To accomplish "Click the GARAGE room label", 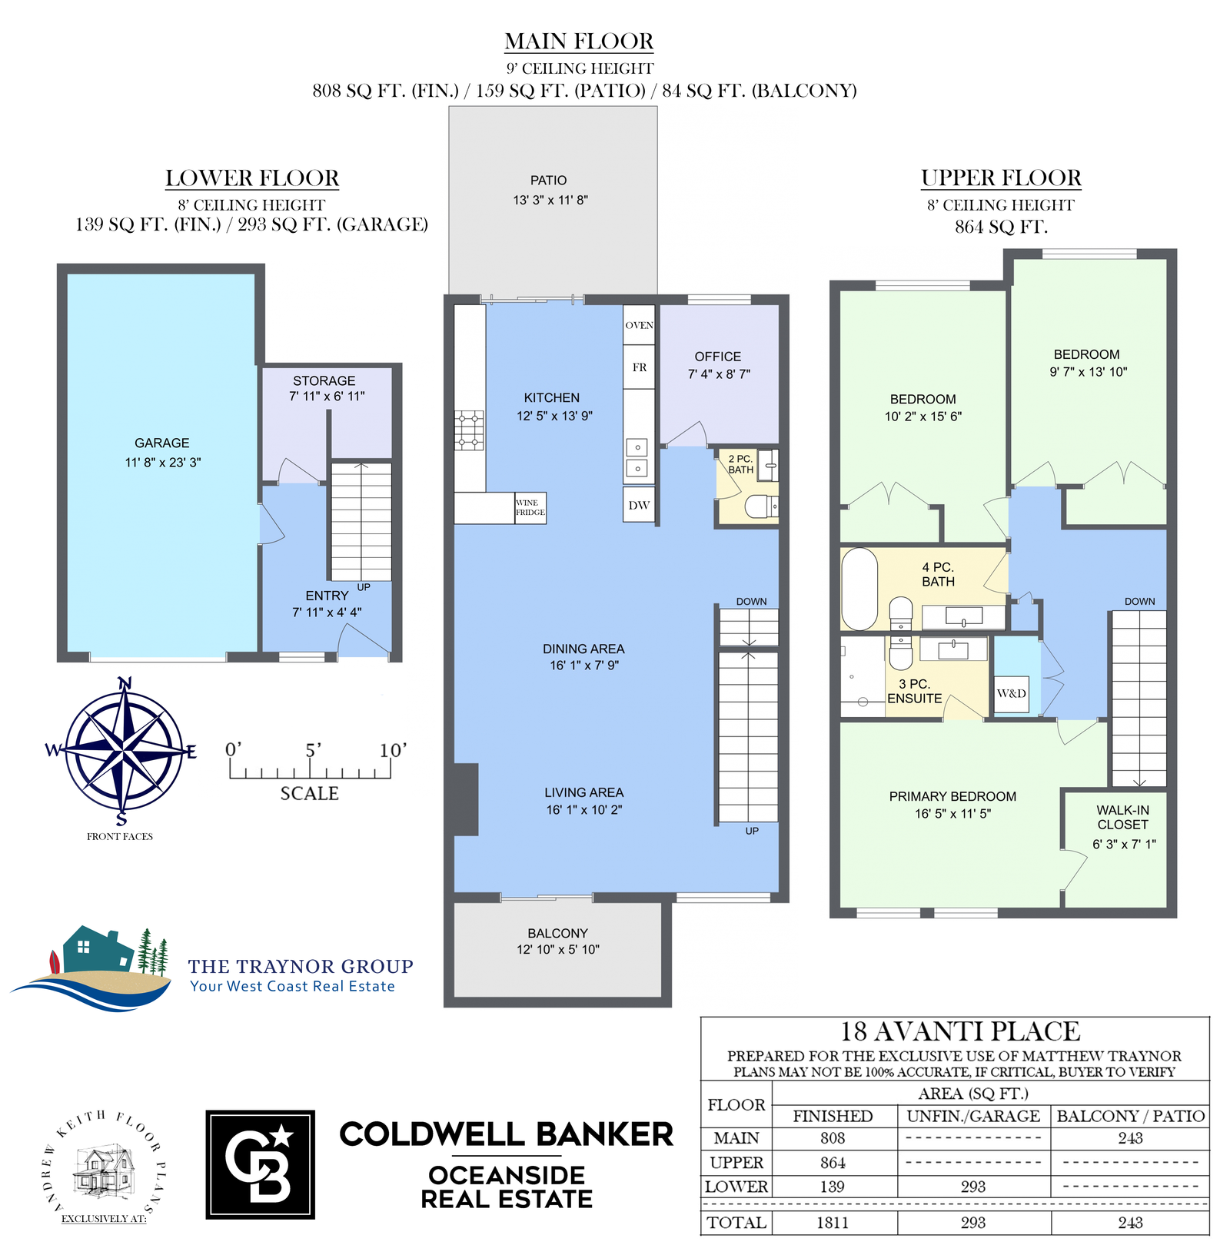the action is click(161, 443).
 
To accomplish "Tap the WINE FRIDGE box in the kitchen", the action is click(530, 508).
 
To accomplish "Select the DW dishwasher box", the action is click(639, 505).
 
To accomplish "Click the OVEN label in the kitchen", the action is click(639, 325).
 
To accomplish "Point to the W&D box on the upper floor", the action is click(1012, 693).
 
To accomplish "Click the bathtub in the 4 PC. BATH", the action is click(859, 589).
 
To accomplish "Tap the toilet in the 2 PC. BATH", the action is click(761, 506).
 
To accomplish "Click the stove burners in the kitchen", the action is click(470, 430).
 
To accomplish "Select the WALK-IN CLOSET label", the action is click(1122, 817).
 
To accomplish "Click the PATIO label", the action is click(549, 181).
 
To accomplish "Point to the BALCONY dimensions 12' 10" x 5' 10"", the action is click(558, 950).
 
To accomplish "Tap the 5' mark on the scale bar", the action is click(313, 751).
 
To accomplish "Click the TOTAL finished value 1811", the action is click(833, 1223).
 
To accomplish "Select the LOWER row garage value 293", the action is click(973, 1187).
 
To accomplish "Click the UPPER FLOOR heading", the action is click(1001, 178).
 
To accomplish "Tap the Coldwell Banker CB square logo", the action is click(261, 1164).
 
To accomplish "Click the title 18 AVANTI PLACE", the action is click(960, 1031).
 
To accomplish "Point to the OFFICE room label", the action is click(718, 357).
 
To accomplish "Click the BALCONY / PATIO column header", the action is click(1131, 1116).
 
